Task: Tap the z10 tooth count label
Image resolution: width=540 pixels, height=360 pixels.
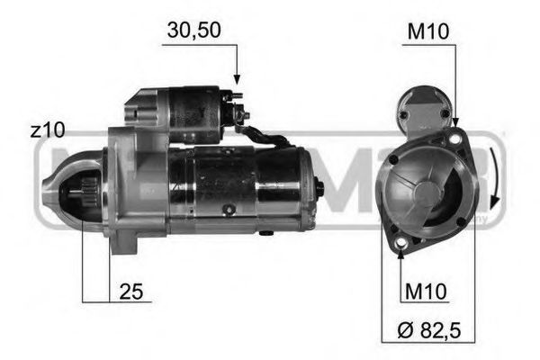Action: click(47, 130)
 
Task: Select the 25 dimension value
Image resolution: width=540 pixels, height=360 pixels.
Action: click(131, 292)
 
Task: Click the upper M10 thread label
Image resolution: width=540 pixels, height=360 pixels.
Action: click(429, 31)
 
